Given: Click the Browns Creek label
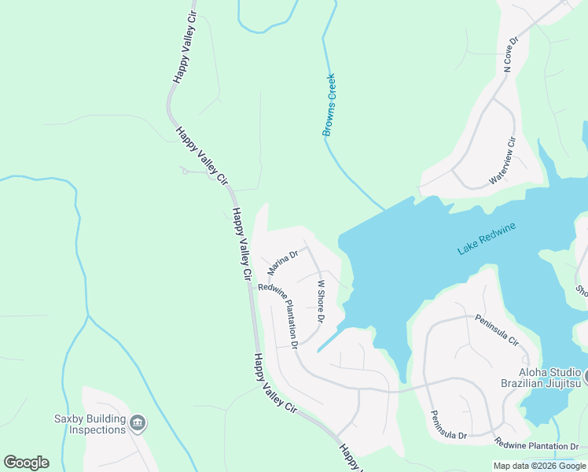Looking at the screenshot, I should tap(329, 105).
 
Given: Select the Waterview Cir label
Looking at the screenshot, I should tap(502, 160).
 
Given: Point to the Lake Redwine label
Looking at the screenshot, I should tap(487, 239).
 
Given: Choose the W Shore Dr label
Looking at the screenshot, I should tap(320, 301).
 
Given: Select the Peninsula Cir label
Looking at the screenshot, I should tap(497, 330).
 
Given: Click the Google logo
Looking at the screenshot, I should tap(26, 463).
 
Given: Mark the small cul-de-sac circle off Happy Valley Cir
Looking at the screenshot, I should tap(184, 171).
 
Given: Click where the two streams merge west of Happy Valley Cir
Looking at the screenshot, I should tap(87, 317).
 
